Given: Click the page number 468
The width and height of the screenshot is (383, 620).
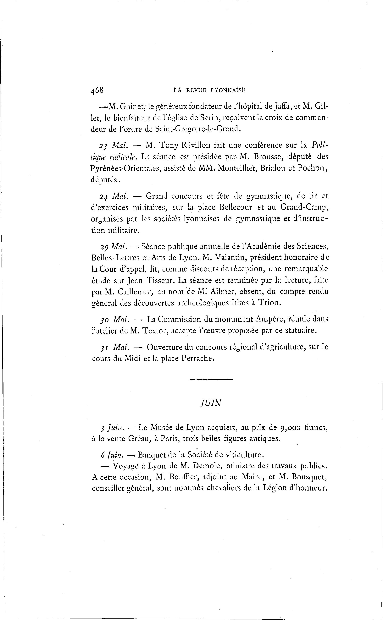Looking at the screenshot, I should click(97, 90).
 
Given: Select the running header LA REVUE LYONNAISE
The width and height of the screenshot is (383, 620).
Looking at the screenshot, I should click(209, 90).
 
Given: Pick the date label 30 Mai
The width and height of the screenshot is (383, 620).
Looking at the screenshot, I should click(114, 320).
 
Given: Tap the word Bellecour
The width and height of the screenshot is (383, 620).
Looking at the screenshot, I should click(236, 207).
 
